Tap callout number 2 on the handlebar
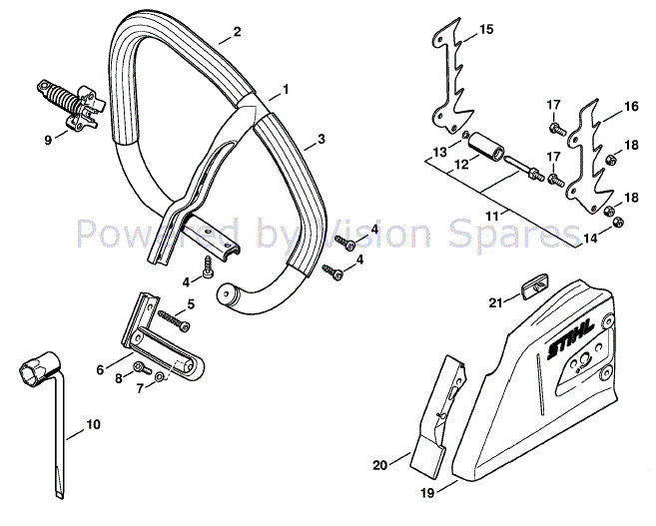(237, 32)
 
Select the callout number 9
(47, 141)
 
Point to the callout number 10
(93, 424)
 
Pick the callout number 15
(485, 31)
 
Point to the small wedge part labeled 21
(531, 288)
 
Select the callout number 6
(100, 370)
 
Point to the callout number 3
(321, 139)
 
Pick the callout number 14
(591, 238)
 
